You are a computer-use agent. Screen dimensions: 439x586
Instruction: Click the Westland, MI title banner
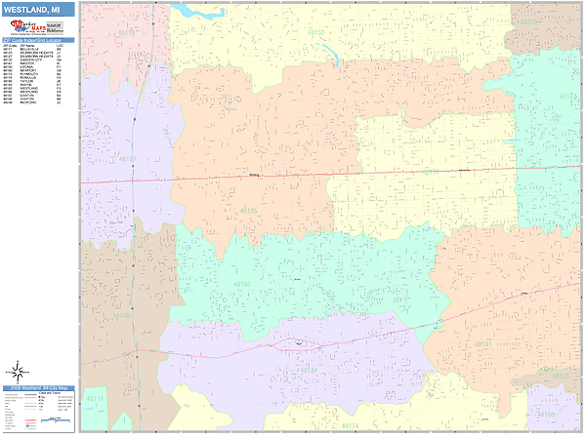point(38,10)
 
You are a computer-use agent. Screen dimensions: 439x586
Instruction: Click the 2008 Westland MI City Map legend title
point(38,388)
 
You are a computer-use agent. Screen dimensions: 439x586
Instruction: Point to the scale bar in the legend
point(38,422)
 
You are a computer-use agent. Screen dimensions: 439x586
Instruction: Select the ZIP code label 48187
point(127,159)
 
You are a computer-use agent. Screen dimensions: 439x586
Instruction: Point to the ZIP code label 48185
point(248,211)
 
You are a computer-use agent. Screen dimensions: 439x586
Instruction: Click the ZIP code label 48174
point(350,426)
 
